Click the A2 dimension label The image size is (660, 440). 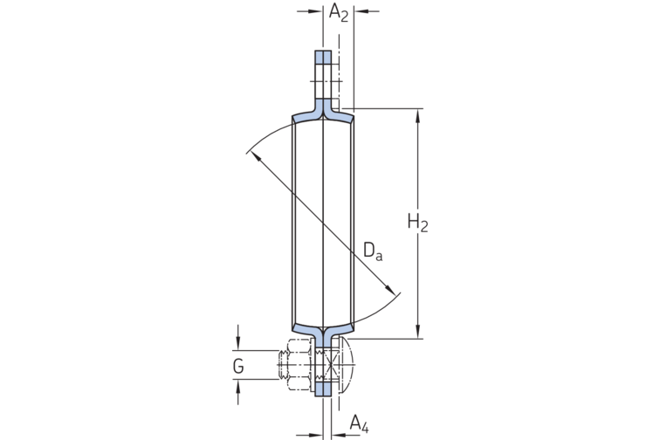tap(338, 12)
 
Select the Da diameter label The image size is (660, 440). tap(373, 252)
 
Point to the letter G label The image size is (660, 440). tap(237, 367)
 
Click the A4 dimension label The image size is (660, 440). tap(359, 424)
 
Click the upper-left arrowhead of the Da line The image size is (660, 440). tap(252, 155)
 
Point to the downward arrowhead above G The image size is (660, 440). tap(237, 347)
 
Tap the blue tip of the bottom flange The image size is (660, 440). tap(324, 387)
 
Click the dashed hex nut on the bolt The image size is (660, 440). tap(299, 361)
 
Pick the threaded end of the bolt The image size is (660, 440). tap(282, 361)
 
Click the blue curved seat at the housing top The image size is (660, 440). tap(323, 113)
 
